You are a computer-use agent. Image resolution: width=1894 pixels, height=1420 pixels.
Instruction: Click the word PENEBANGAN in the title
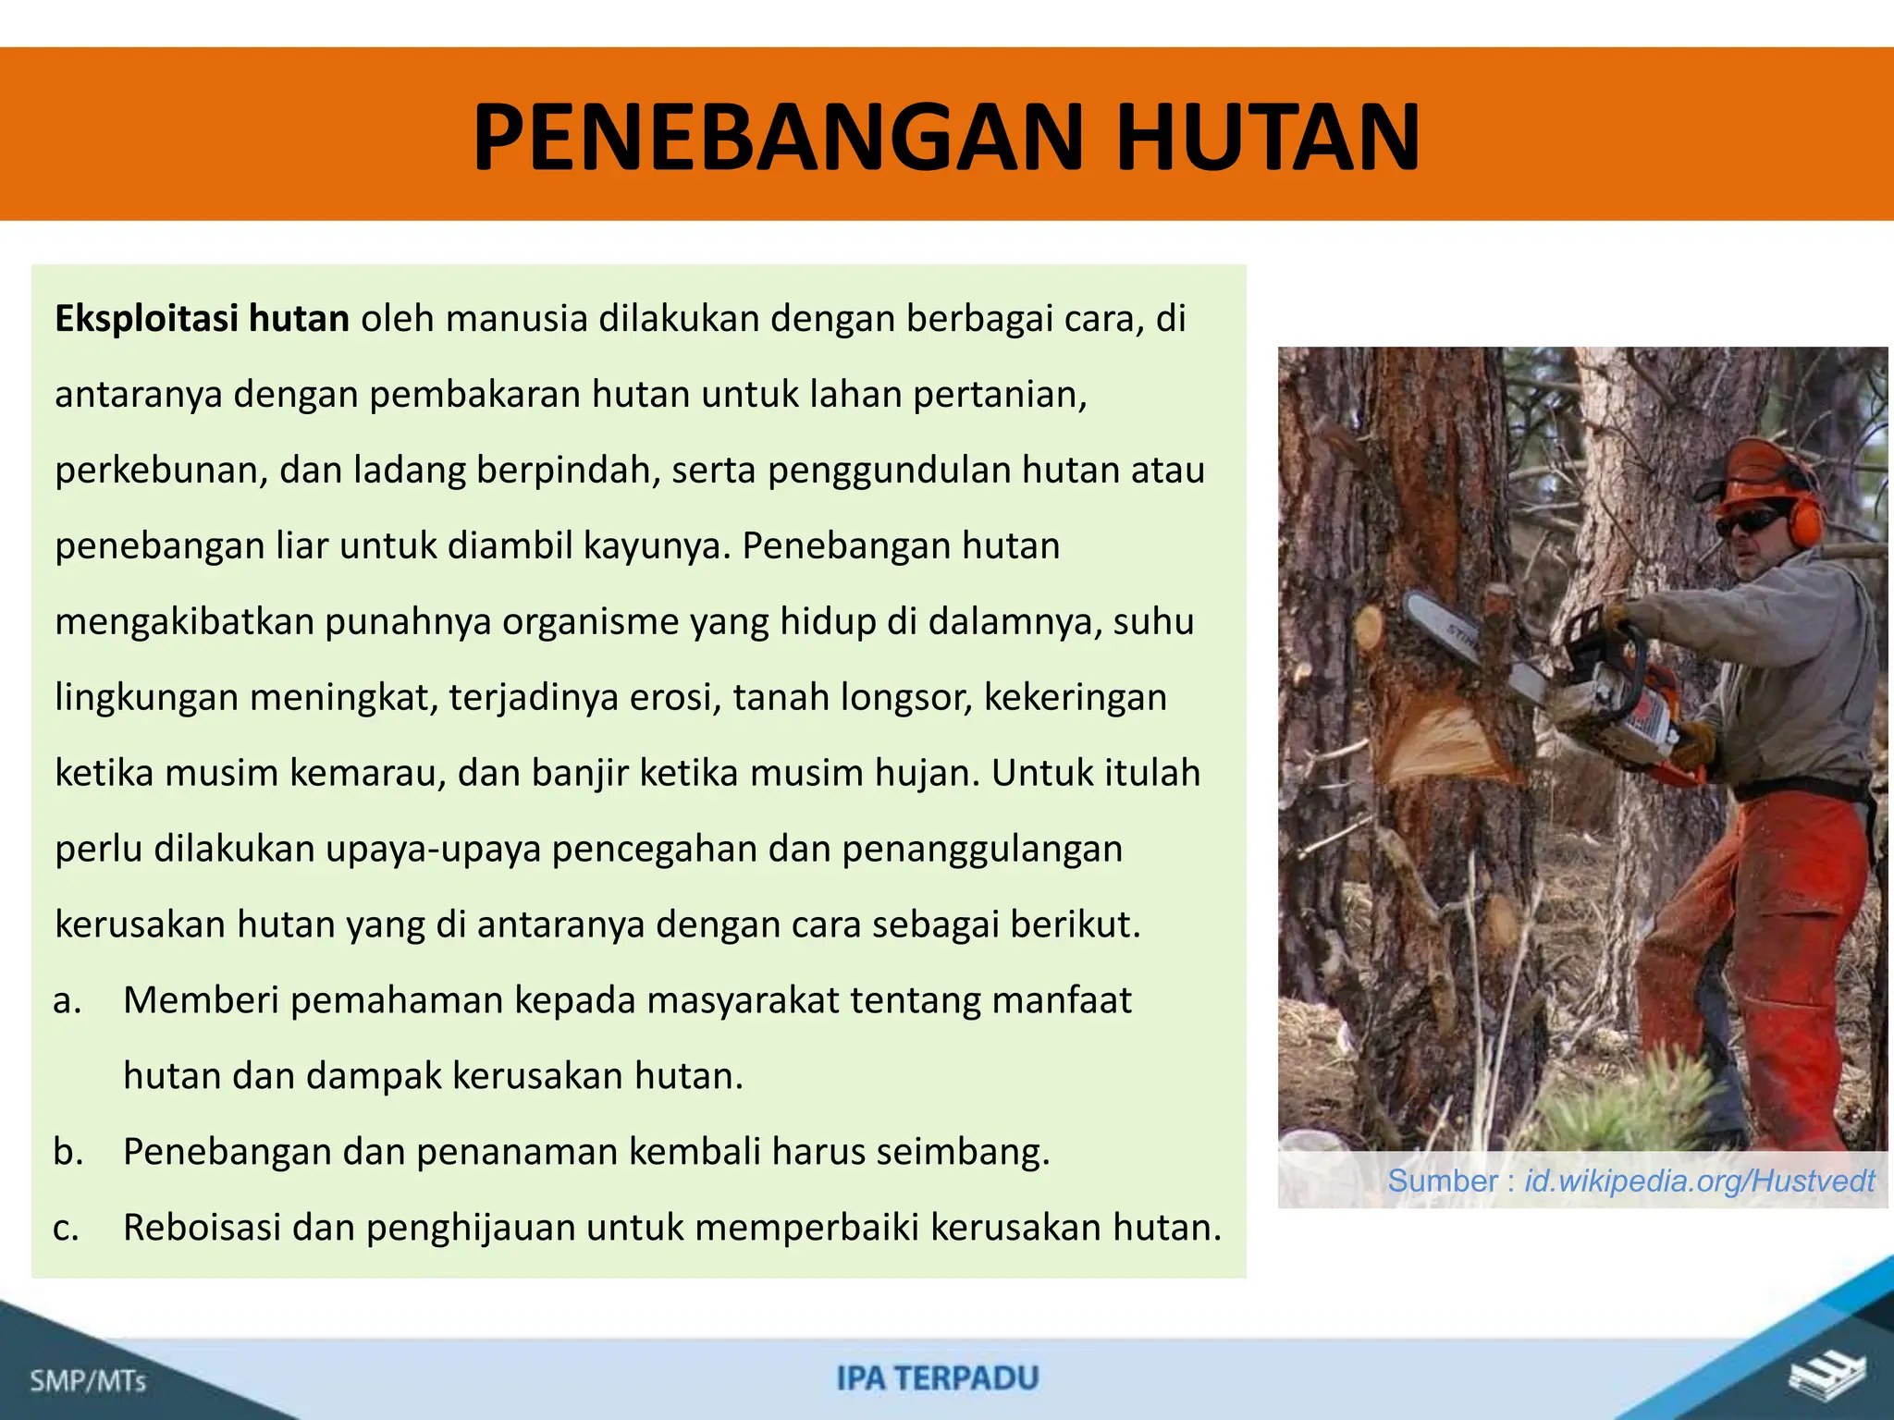pos(777,138)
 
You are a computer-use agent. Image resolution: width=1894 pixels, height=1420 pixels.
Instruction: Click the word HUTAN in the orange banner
pos(1268,138)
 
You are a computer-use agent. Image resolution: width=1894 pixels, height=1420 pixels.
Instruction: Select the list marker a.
pos(68,1000)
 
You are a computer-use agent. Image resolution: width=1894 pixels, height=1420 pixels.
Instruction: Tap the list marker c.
pos(66,1228)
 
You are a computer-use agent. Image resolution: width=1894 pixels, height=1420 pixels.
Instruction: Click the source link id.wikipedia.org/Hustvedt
pos(1699,1181)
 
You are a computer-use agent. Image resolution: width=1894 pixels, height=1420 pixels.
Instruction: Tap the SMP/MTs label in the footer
pos(88,1381)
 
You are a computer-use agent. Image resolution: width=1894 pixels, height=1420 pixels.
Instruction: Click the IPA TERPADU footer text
pos(937,1378)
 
